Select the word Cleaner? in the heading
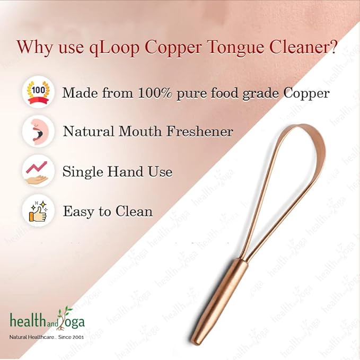pyautogui.click(x=303, y=47)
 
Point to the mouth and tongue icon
pyautogui.click(x=38, y=131)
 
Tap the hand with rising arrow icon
pyautogui.click(x=38, y=172)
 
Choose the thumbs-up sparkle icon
pyautogui.click(x=38, y=211)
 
